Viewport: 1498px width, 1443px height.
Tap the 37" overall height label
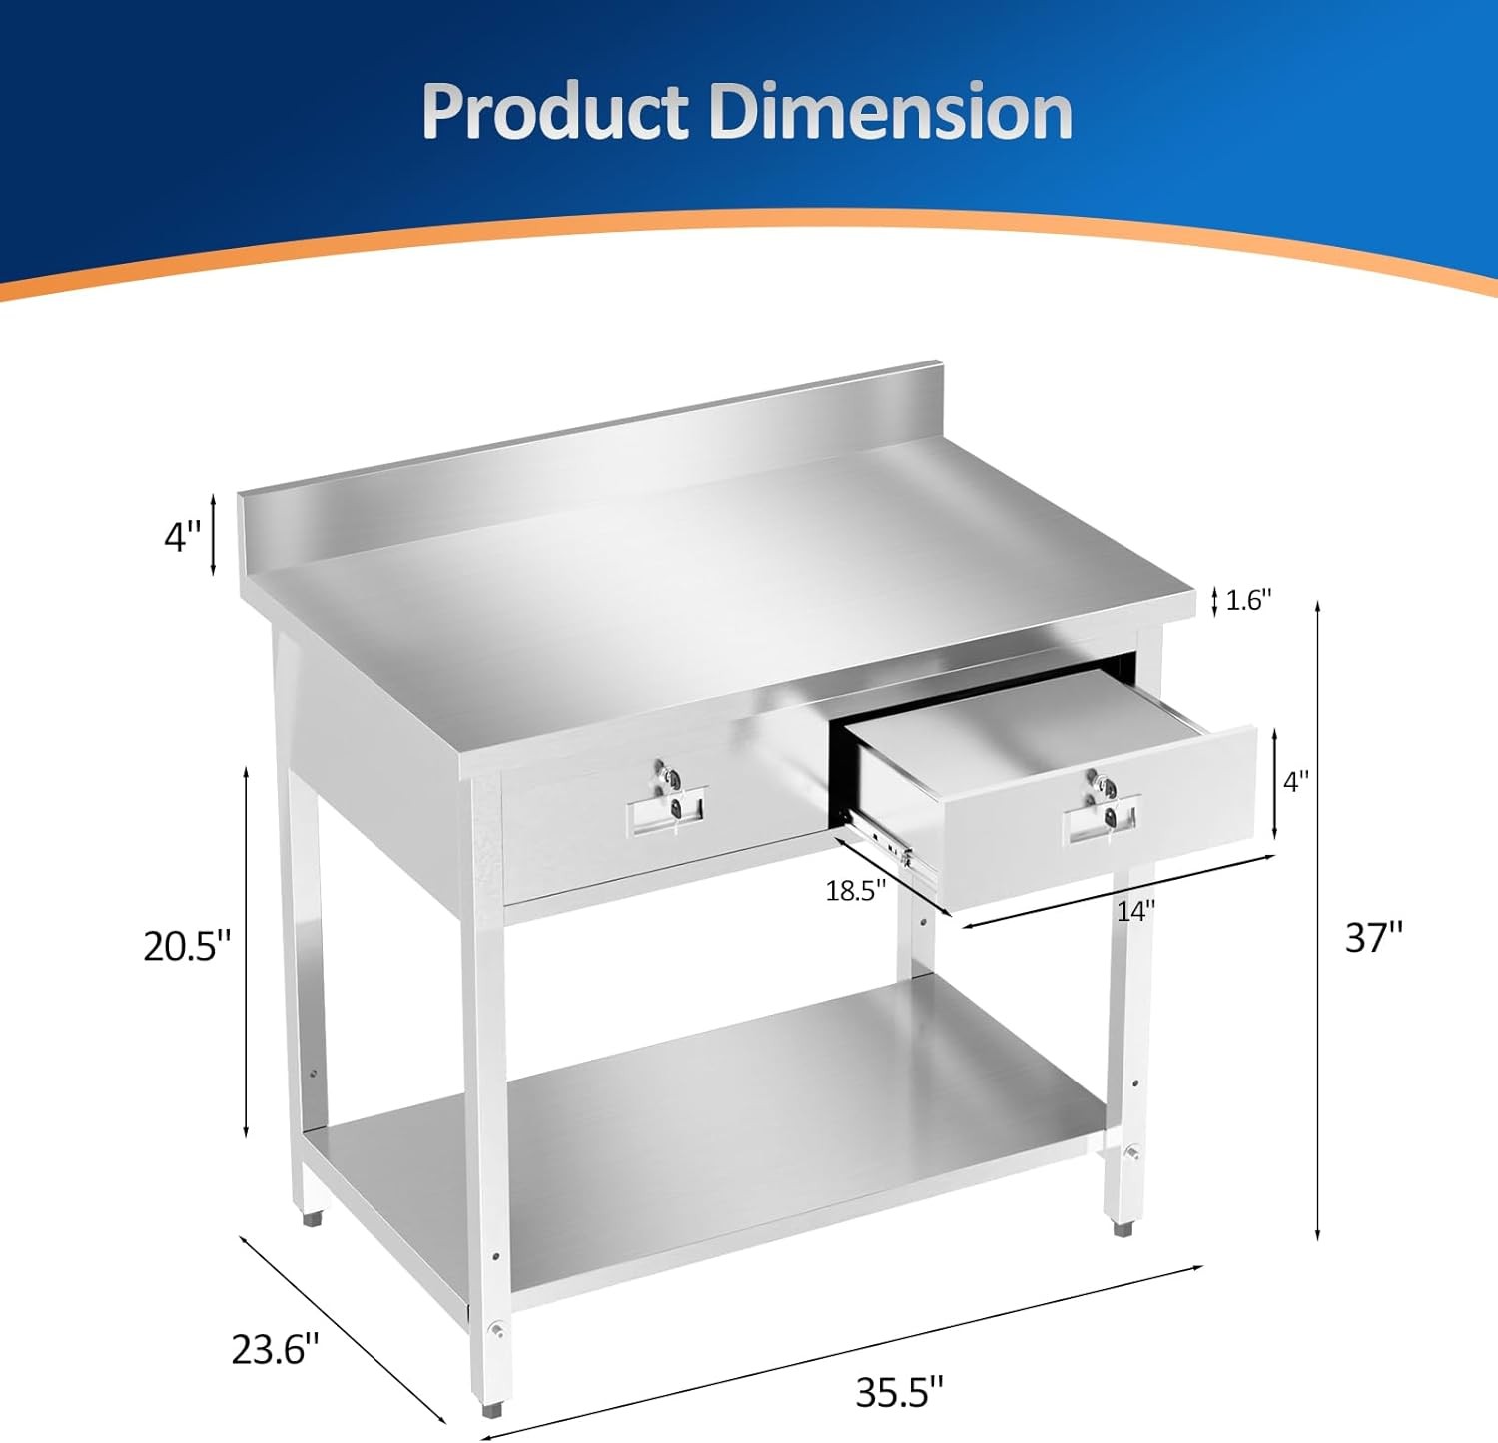pyautogui.click(x=1374, y=937)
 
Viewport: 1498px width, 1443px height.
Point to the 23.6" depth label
pyautogui.click(x=275, y=1349)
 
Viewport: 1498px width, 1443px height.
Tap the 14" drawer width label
pyautogui.click(x=1135, y=911)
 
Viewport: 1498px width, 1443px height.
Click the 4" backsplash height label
pyautogui.click(x=182, y=537)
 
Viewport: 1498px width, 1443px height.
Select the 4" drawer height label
pyautogui.click(x=1296, y=782)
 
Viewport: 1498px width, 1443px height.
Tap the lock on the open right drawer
pyautogui.click(x=1100, y=784)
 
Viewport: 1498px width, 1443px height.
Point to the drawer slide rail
pyautogui.click(x=884, y=839)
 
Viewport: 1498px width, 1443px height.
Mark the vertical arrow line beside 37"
pyautogui.click(x=1318, y=919)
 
